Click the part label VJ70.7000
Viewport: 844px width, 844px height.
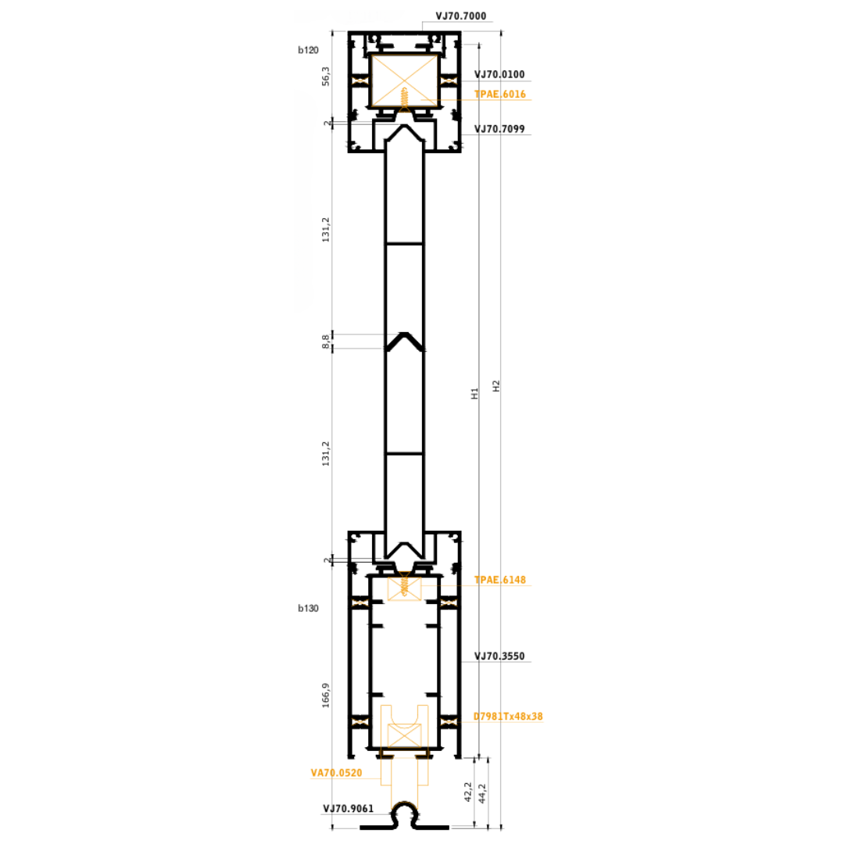(461, 16)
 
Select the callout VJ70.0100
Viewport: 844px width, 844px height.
(499, 74)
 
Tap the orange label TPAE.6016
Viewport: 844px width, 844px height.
(500, 95)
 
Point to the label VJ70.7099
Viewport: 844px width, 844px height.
(499, 129)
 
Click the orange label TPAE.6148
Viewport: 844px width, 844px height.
(500, 580)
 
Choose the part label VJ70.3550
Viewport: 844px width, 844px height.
(499, 656)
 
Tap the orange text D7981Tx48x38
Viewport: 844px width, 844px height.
(508, 717)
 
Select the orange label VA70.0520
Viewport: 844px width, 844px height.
(336, 773)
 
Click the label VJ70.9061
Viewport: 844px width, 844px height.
(349, 809)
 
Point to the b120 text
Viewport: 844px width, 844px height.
(309, 50)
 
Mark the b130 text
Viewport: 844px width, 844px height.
(309, 608)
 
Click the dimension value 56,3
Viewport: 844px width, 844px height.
(326, 77)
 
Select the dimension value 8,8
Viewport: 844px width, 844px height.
(326, 342)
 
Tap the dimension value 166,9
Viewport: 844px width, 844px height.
(326, 696)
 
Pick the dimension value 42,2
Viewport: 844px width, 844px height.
(468, 792)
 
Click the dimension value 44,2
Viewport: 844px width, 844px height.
(482, 793)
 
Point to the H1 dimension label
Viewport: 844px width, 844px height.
(475, 393)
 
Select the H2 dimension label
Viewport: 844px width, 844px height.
(496, 386)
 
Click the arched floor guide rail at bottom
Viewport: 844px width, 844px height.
(404, 816)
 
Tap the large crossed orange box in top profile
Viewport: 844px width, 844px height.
(405, 80)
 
